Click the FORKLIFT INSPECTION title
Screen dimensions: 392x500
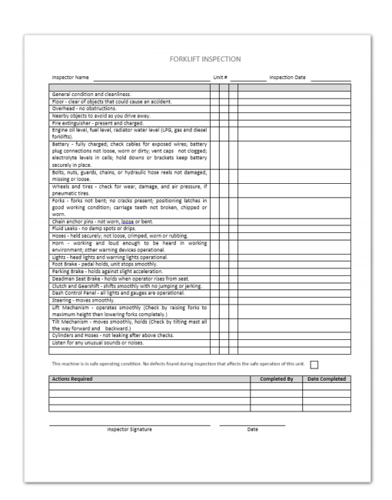click(205, 58)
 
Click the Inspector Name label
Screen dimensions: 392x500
click(70, 78)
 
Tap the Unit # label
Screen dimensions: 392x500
click(221, 78)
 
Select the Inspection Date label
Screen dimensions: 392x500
click(287, 78)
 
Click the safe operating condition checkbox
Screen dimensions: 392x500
click(314, 364)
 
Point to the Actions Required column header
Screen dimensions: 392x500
click(72, 379)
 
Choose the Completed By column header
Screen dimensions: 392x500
click(277, 379)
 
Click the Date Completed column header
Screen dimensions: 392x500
click(327, 379)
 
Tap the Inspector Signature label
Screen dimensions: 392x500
click(129, 429)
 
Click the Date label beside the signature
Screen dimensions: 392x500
click(252, 429)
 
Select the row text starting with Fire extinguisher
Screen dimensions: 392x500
click(98, 122)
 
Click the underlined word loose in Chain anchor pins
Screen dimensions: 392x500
click(128, 222)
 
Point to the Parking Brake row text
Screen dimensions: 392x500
click(107, 272)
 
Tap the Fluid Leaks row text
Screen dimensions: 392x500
click(94, 228)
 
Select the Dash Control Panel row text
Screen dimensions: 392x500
click(118, 293)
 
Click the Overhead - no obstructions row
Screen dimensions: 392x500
click(85, 108)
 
